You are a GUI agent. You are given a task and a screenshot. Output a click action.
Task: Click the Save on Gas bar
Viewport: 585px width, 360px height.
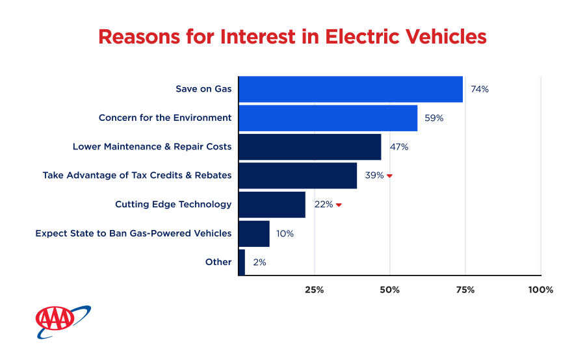[x=351, y=89]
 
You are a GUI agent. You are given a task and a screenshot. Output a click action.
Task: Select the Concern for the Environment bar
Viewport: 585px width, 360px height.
[x=328, y=118]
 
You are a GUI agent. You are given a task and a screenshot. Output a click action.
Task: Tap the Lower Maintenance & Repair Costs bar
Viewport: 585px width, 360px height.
[x=310, y=147]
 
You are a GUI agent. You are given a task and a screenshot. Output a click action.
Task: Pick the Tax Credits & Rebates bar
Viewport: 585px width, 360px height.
[x=298, y=175]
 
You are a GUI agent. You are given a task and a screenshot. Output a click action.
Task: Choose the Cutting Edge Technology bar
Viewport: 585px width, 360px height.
[x=272, y=204]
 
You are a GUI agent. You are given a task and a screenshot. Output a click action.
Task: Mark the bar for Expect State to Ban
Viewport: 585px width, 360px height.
[x=254, y=233]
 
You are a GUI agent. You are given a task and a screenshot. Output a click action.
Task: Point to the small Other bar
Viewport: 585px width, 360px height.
[x=242, y=262]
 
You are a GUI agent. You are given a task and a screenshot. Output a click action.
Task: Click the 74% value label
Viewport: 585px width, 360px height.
[x=480, y=89]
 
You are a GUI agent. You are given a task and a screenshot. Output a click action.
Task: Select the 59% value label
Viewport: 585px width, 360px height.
[x=434, y=118]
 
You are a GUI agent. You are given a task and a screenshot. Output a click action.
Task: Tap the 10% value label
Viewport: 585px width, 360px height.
[x=285, y=233]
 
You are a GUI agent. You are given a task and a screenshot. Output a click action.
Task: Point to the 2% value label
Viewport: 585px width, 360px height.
[x=259, y=262]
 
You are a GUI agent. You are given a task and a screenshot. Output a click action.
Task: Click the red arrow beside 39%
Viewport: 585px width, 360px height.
[x=389, y=176]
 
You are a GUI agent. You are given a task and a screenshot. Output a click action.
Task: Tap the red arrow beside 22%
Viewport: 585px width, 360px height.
[x=339, y=205]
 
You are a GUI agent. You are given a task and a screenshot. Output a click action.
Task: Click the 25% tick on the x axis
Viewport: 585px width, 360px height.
[x=314, y=289]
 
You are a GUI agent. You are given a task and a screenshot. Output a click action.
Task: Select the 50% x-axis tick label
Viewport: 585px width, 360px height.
[x=389, y=289]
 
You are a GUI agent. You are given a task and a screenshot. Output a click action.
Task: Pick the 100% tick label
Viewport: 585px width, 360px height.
[x=541, y=289]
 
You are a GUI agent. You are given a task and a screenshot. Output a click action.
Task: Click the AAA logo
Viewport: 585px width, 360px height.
[x=62, y=320]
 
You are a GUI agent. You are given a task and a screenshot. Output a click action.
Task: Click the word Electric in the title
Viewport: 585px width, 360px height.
[x=372, y=37]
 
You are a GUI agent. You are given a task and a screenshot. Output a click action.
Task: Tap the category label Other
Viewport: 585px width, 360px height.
[x=218, y=262]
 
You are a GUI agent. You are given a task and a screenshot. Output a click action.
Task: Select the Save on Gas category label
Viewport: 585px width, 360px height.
[x=203, y=89]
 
